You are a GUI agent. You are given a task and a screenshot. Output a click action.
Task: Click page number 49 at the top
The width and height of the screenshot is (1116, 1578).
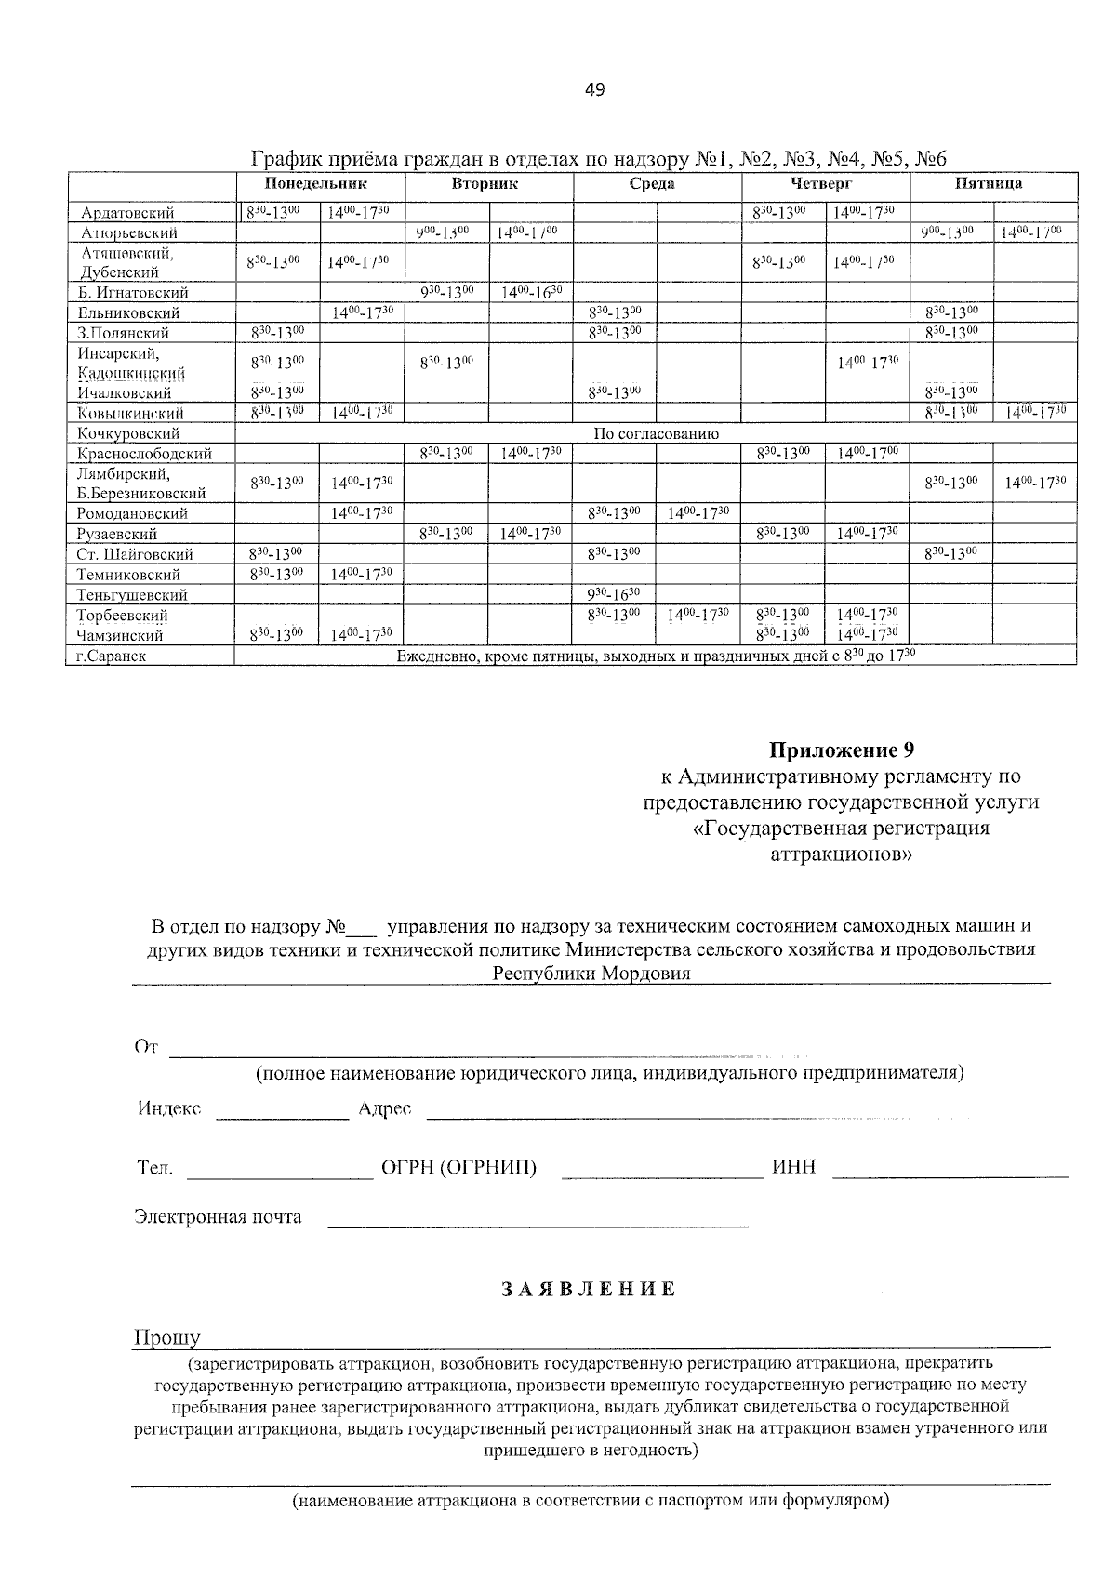click(595, 90)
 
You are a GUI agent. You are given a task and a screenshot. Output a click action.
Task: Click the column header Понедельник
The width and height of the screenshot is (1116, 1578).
click(316, 183)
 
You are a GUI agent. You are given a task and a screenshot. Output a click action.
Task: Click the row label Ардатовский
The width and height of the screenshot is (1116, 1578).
click(127, 213)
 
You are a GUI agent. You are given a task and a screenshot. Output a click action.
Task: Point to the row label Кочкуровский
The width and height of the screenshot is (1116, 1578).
click(128, 433)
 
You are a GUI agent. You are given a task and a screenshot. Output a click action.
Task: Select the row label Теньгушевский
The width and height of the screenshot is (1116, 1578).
click(133, 595)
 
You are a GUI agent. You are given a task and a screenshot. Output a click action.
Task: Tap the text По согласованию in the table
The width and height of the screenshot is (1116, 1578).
click(656, 433)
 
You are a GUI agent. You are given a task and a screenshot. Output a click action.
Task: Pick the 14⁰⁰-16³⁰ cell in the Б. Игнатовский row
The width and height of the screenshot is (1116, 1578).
click(531, 293)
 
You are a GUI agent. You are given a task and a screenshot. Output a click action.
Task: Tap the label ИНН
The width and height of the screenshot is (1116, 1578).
click(793, 1167)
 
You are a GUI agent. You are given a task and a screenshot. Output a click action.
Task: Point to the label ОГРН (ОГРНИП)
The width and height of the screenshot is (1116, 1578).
click(458, 1167)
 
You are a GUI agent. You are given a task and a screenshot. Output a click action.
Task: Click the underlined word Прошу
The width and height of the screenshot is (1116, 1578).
click(167, 1338)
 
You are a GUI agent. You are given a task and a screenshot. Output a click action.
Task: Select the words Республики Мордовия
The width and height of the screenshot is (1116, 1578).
click(591, 974)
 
